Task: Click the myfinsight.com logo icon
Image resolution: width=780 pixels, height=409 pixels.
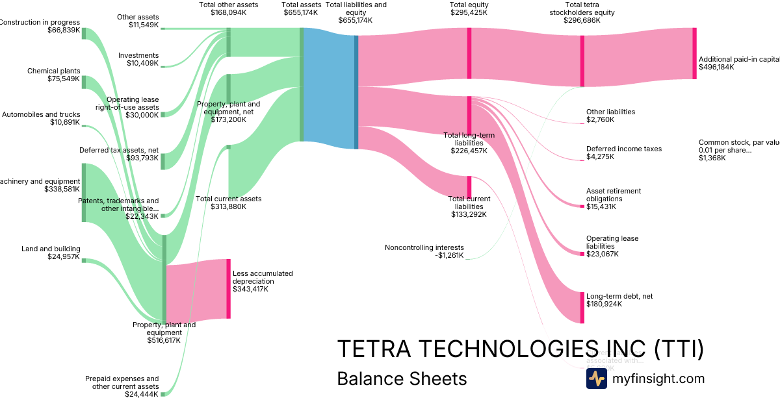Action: pyautogui.click(x=596, y=378)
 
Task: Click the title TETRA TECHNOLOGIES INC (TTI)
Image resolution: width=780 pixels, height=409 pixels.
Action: pyautogui.click(x=520, y=349)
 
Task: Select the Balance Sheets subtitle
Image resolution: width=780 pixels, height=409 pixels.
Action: pyautogui.click(x=402, y=378)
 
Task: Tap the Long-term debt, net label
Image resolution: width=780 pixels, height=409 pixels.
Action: pyautogui.click(x=619, y=296)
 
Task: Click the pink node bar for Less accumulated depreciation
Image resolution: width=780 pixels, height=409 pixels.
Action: pyautogui.click(x=228, y=288)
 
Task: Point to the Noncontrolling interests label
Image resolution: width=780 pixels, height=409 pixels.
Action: pyautogui.click(x=424, y=247)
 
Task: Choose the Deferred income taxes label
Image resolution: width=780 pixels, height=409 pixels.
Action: pyautogui.click(x=623, y=149)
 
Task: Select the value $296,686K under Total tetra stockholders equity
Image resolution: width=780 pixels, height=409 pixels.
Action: pyautogui.click(x=582, y=20)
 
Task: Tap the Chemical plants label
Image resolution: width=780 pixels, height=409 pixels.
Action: pyautogui.click(x=53, y=71)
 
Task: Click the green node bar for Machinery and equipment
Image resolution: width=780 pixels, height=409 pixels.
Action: pyautogui.click(x=83, y=193)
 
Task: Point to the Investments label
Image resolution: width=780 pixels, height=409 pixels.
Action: pyautogui.click(x=138, y=55)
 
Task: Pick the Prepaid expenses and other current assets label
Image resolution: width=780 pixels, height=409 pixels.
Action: pyautogui.click(x=122, y=382)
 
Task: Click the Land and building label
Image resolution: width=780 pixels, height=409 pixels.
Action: pyautogui.click(x=51, y=249)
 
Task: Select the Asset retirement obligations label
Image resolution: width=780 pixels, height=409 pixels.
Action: pyautogui.click(x=613, y=195)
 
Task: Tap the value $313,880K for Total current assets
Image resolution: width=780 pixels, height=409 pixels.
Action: pyautogui.click(x=228, y=206)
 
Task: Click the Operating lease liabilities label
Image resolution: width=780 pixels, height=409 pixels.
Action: pyautogui.click(x=612, y=242)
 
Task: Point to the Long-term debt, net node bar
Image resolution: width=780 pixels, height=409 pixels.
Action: pyautogui.click(x=582, y=307)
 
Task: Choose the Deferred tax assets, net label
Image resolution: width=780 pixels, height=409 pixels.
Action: pyautogui.click(x=119, y=150)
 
